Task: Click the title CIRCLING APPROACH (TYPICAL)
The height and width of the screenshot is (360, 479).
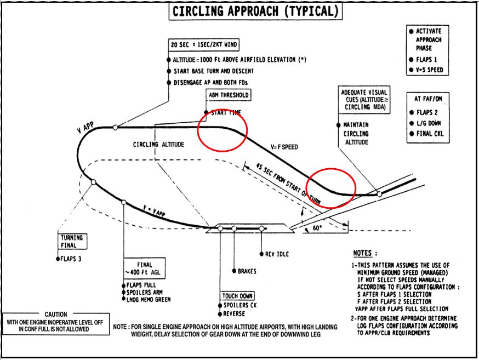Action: click(255, 11)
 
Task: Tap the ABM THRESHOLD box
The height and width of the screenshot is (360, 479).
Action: click(227, 95)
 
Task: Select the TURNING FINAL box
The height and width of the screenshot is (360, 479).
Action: click(72, 242)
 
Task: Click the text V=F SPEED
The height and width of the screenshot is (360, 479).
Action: click(284, 147)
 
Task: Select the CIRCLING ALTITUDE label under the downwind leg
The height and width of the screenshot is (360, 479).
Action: click(159, 145)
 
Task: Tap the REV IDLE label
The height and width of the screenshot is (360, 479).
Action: click(277, 254)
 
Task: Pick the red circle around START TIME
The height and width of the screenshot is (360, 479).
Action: click(223, 130)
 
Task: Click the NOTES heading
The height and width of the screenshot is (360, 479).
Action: click(365, 253)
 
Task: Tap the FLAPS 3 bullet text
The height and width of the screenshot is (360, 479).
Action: click(70, 258)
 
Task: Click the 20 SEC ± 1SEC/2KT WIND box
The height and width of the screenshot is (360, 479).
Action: click(204, 45)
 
